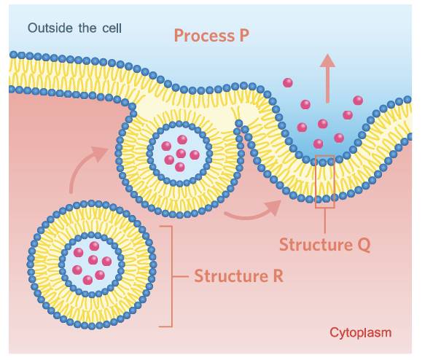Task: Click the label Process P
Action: click(x=211, y=36)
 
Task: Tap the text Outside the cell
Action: click(x=74, y=28)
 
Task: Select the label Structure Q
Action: click(x=325, y=245)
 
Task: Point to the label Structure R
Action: click(x=239, y=275)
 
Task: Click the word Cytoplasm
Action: click(x=361, y=333)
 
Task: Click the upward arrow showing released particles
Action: click(x=327, y=79)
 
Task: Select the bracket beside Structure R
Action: click(x=172, y=276)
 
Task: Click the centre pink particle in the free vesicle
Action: click(x=93, y=260)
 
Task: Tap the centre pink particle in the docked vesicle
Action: click(x=181, y=153)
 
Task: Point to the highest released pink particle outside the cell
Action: click(x=288, y=82)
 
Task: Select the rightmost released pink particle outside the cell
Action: click(x=358, y=101)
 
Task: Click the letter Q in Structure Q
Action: click(x=364, y=245)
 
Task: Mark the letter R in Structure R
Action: click(x=278, y=275)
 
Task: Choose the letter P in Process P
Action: click(x=244, y=36)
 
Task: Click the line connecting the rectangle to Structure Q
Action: click(x=325, y=221)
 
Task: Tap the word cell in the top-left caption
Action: click(x=112, y=28)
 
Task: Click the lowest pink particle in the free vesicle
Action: click(x=87, y=281)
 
